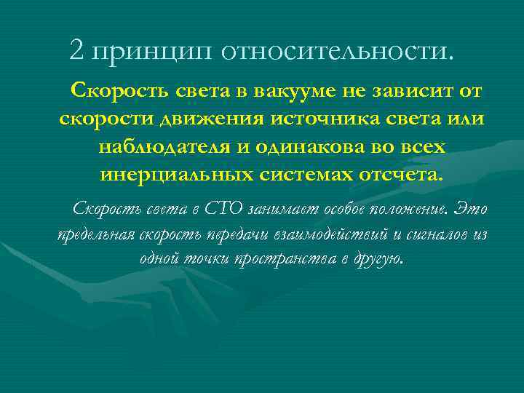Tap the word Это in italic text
click(471, 210)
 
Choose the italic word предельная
click(98, 235)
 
